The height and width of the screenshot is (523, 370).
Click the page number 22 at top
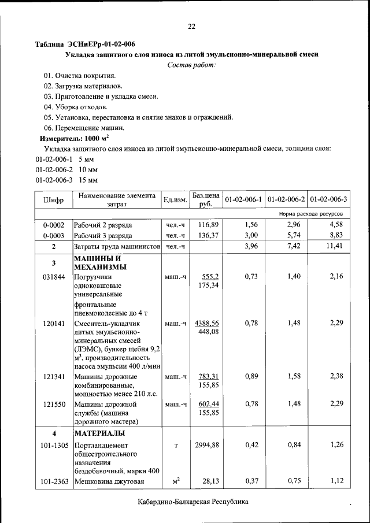(x=192, y=26)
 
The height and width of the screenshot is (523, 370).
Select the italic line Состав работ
(x=192, y=65)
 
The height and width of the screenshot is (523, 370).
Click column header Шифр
(x=53, y=200)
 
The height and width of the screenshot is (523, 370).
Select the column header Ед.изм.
(x=175, y=200)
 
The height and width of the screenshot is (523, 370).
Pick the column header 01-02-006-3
(x=328, y=200)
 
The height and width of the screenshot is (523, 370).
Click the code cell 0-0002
(x=53, y=224)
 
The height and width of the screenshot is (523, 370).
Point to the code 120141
(x=53, y=323)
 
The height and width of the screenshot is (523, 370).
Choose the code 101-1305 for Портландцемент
(x=53, y=445)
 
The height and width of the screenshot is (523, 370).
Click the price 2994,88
(x=206, y=445)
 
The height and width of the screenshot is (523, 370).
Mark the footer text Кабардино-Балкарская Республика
(x=193, y=502)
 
